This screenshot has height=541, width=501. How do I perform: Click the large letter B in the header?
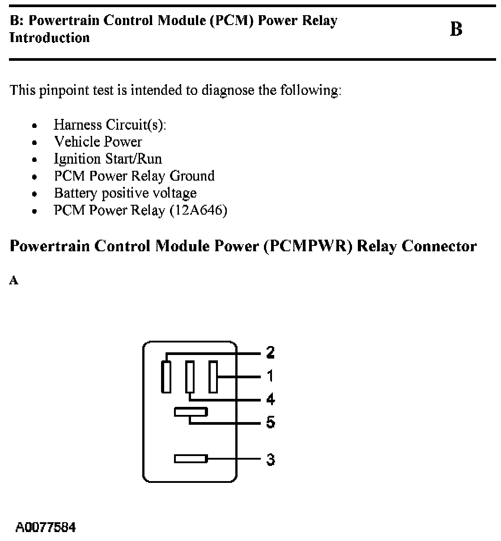(456, 30)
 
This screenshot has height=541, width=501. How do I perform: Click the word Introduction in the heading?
(50, 38)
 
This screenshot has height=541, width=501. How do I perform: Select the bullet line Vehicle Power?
(98, 142)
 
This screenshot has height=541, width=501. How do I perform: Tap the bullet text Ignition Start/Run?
(108, 159)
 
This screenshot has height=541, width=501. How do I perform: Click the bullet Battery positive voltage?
(125, 193)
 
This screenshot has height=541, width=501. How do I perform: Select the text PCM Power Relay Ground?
(134, 176)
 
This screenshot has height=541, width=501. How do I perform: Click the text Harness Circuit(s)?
(110, 125)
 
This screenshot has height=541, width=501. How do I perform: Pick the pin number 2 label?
(270, 353)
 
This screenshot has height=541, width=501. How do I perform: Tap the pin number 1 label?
(270, 376)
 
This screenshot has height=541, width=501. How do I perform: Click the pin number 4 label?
(270, 399)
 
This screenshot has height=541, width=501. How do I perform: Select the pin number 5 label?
(270, 422)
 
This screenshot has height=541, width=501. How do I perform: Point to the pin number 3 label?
(270, 459)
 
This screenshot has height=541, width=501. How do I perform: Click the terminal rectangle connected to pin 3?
(191, 459)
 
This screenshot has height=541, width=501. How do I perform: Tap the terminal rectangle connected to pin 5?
(191, 412)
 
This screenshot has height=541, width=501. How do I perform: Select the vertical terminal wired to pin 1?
(213, 376)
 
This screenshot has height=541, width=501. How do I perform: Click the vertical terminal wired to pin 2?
(166, 376)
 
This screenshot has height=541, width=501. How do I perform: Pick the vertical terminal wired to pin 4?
(190, 376)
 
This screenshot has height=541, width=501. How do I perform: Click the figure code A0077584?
(46, 527)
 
